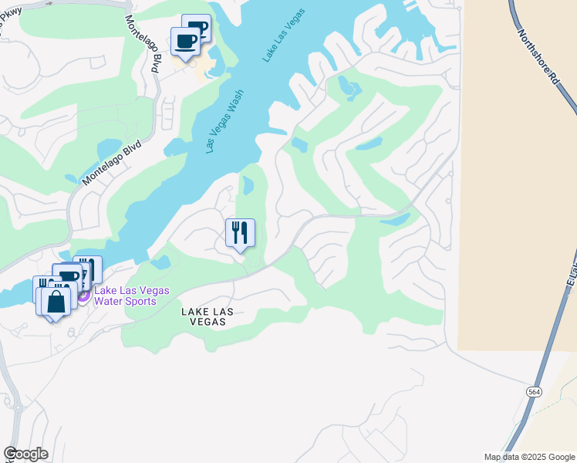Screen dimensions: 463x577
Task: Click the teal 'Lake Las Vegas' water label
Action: tap(285, 35)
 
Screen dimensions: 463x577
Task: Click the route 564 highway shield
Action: tap(534, 392)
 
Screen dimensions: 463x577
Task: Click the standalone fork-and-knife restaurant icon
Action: tap(240, 232)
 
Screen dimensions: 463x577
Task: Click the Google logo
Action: tap(25, 454)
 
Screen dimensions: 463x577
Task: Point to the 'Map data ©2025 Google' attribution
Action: tap(528, 457)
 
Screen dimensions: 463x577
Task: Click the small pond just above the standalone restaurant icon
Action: tap(248, 186)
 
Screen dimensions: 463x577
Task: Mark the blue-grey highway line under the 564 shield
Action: tap(525, 417)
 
